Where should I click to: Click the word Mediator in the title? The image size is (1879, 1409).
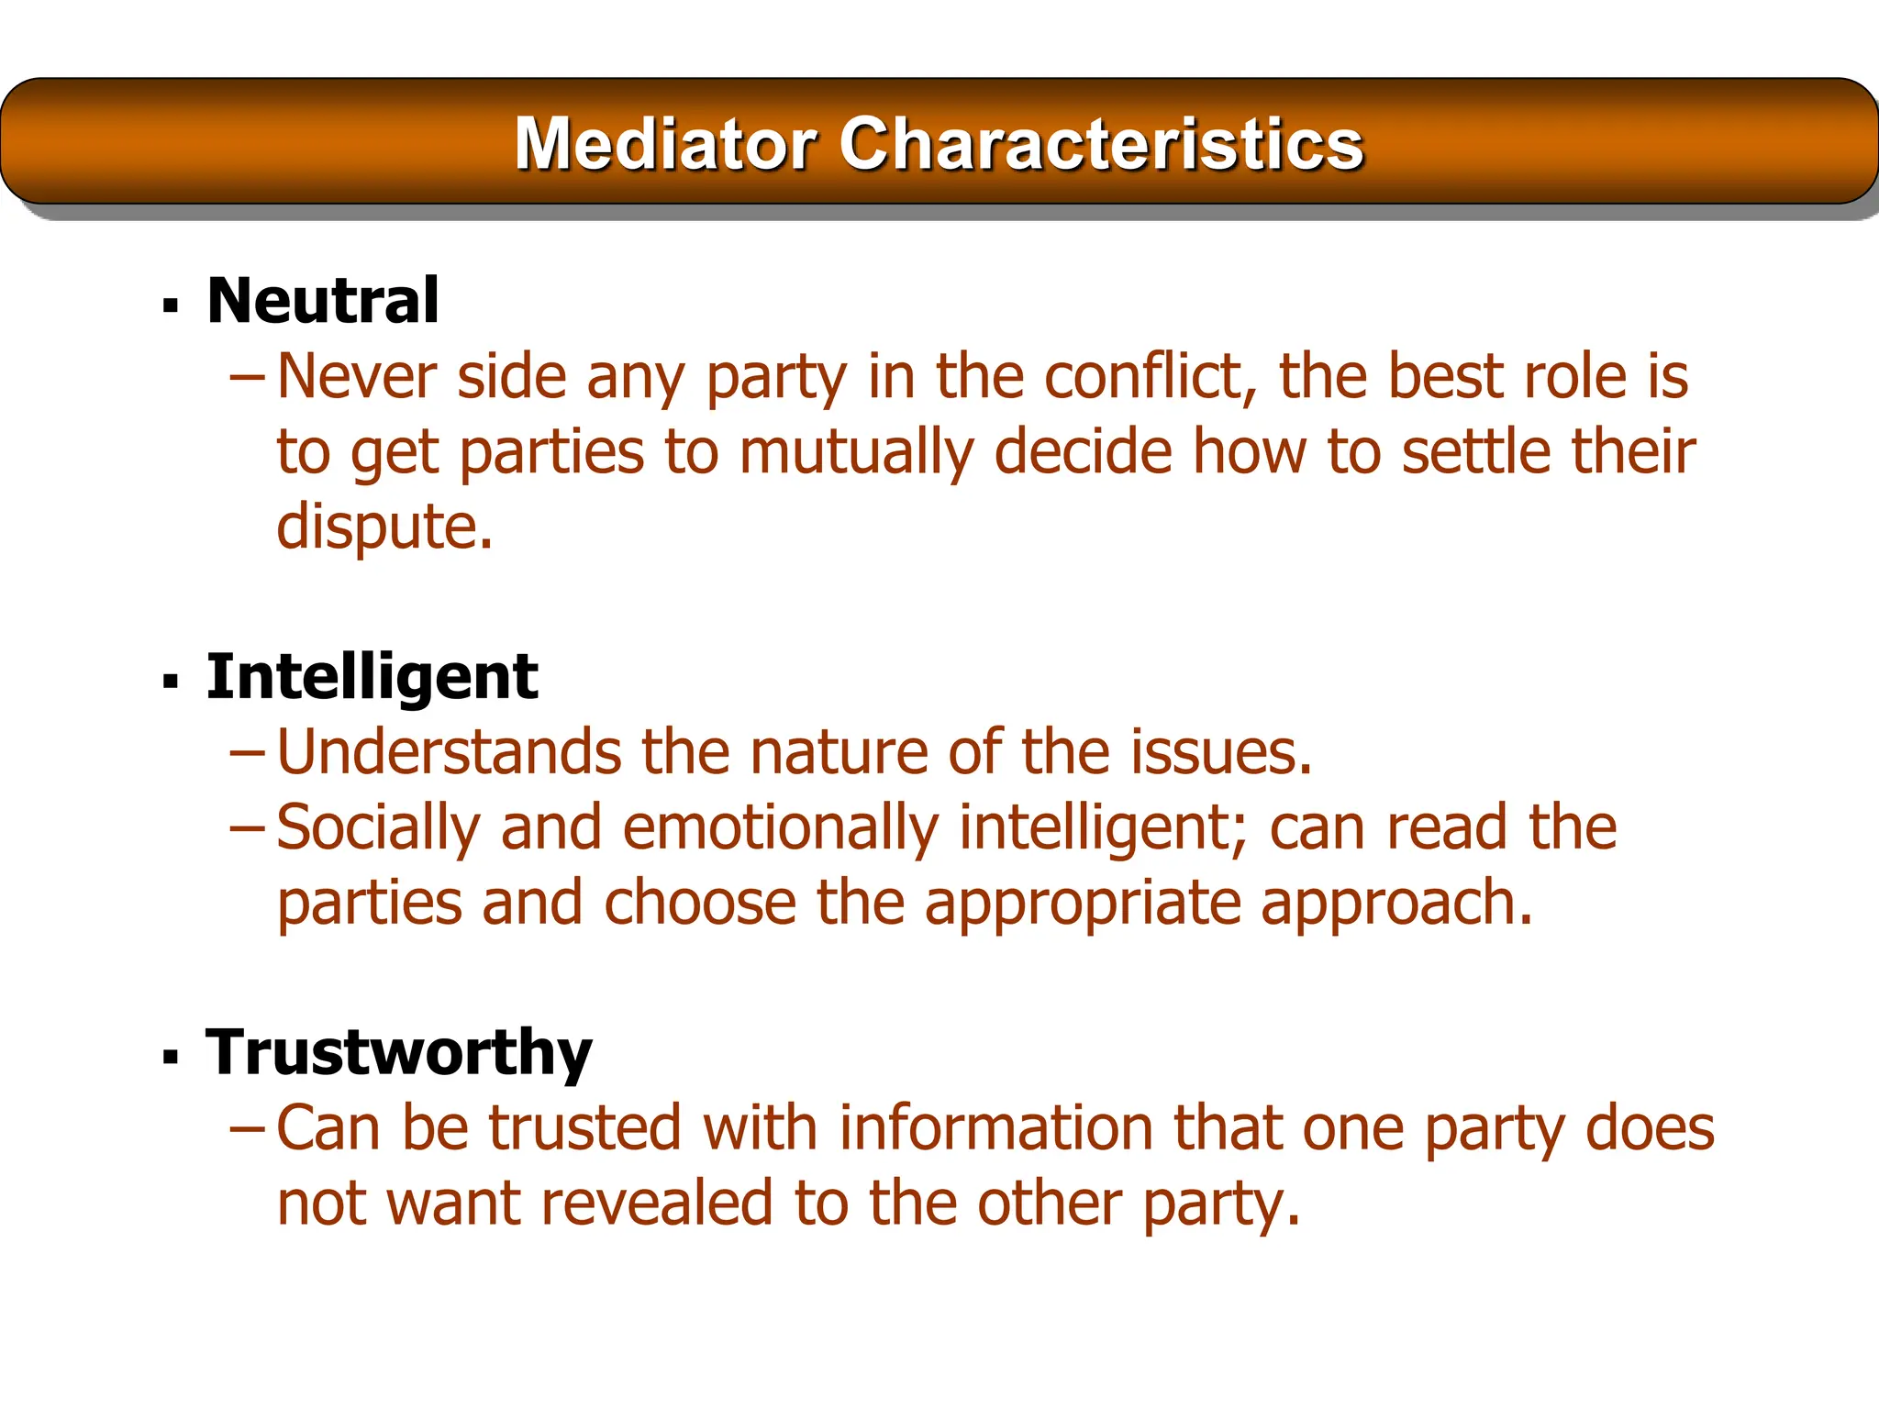tap(664, 144)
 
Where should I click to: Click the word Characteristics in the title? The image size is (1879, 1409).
tap(1101, 144)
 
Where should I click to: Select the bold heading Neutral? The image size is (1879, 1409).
tap(323, 301)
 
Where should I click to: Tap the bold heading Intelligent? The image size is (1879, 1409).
tap(372, 677)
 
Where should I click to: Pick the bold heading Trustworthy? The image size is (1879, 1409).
tap(399, 1052)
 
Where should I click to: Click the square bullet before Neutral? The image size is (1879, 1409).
tap(170, 305)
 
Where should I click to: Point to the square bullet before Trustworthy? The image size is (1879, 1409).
tap(170, 1058)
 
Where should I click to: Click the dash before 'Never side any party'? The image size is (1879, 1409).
tap(247, 377)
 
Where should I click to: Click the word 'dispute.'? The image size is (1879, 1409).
tap(384, 528)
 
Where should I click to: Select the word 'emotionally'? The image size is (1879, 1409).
tap(780, 827)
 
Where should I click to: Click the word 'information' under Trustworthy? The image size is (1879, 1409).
tap(995, 1127)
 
